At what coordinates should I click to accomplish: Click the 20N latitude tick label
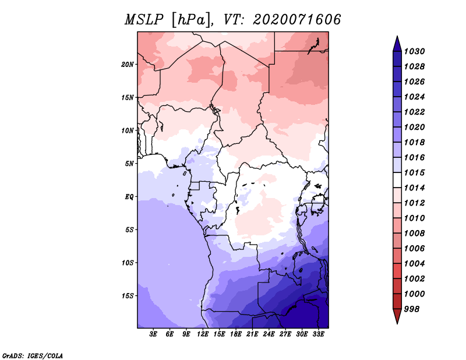[128, 65]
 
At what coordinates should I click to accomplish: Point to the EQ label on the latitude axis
[129, 197]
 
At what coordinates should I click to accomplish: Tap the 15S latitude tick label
[128, 296]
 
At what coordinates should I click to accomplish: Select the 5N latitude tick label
[129, 164]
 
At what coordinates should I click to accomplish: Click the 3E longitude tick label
[153, 334]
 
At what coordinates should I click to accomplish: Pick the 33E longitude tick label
[318, 334]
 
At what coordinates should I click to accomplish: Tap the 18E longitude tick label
[236, 334]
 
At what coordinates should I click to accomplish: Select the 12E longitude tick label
[203, 334]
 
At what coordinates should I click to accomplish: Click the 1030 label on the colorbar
[414, 51]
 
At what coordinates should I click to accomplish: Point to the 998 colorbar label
[412, 309]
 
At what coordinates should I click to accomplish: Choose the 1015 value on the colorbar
[414, 172]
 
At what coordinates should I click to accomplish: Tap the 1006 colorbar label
[414, 249]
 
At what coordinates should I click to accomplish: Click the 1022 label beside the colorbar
[414, 112]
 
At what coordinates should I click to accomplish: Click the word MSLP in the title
[144, 20]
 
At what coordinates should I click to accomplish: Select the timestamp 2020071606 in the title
[297, 20]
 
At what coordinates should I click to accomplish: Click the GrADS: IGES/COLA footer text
[33, 356]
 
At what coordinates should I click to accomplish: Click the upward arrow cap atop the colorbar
[397, 44]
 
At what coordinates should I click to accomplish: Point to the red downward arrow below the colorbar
[397, 316]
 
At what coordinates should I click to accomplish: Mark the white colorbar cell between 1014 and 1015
[397, 180]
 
